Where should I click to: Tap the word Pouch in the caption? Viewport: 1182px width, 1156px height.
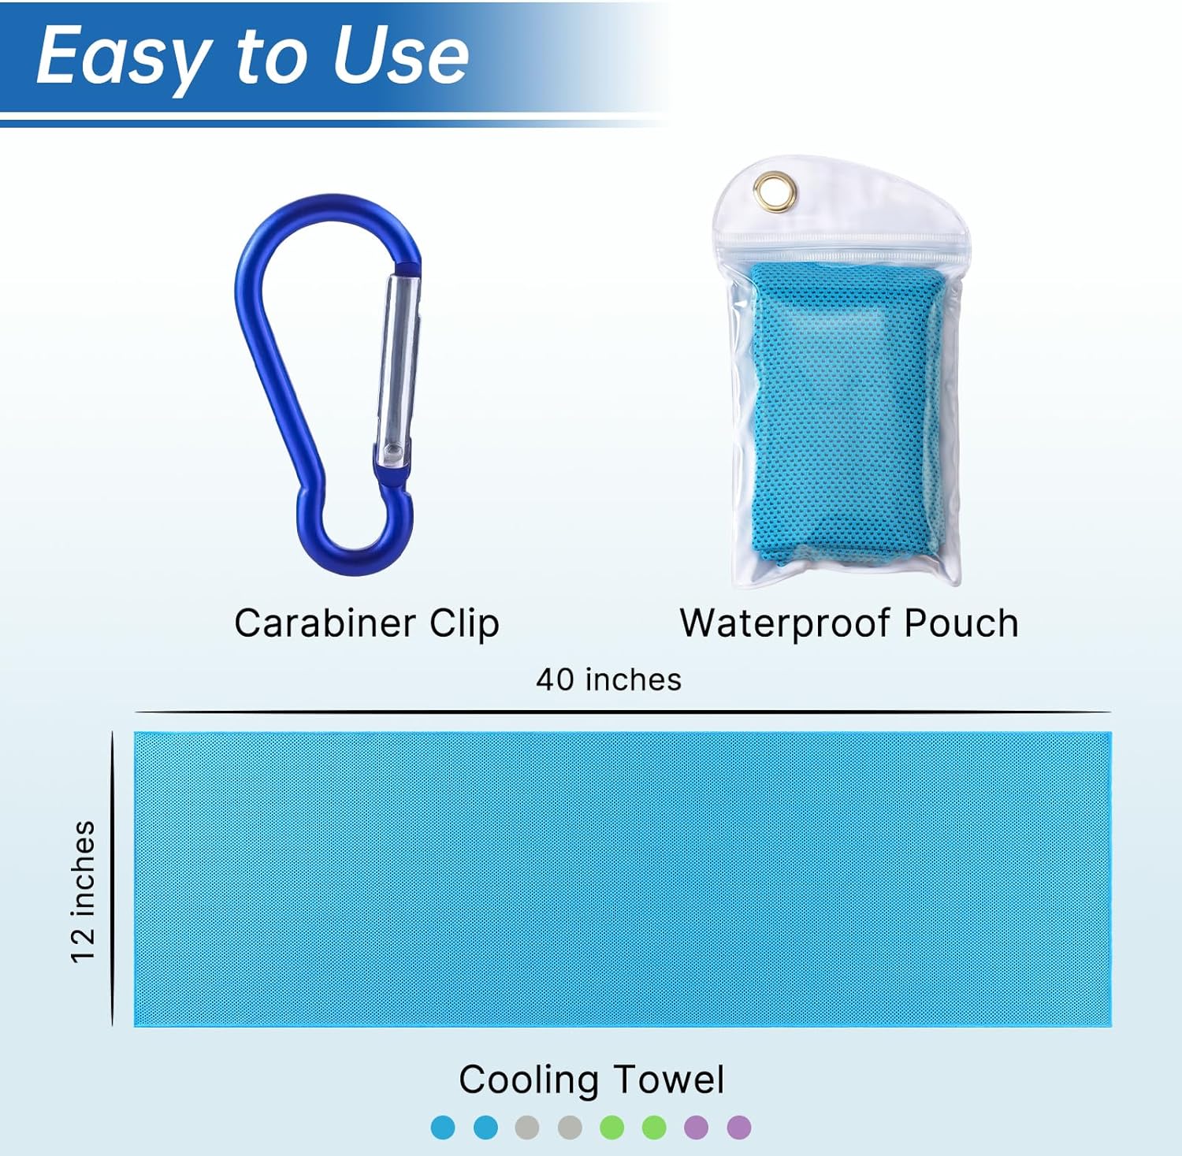pos(961,623)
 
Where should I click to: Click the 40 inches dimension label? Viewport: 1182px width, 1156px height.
pos(608,679)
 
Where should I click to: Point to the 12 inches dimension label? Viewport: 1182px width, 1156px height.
pos(83,891)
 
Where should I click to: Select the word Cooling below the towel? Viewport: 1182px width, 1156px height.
pos(529,1080)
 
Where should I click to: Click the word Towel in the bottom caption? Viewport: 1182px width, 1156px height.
pos(668,1079)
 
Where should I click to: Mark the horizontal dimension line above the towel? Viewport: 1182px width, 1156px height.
pos(623,712)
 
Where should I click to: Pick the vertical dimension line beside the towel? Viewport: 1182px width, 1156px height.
pos(113,879)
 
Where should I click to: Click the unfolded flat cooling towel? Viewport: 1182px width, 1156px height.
pos(623,879)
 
